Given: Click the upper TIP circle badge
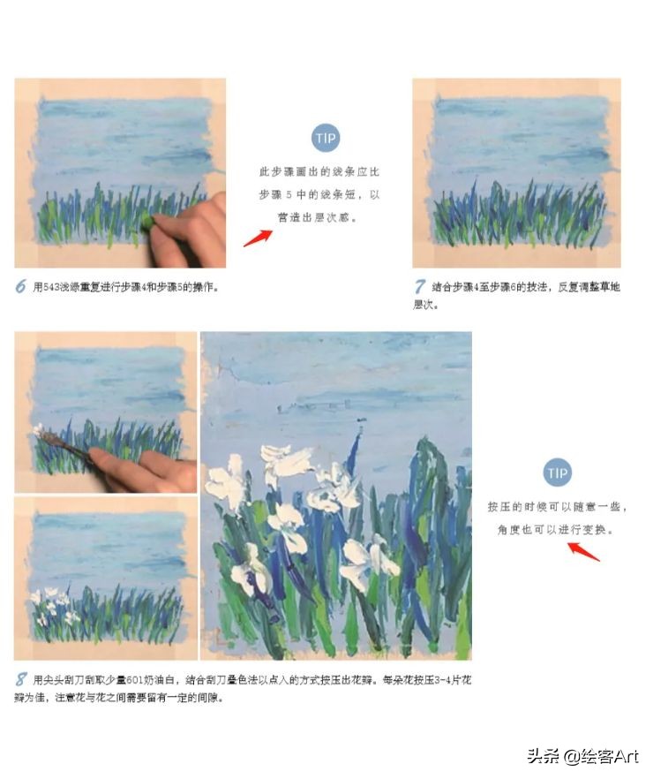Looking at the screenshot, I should pos(326,138).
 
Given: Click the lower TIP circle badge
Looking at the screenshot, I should pos(556,473).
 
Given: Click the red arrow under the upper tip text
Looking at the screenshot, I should pos(257,237).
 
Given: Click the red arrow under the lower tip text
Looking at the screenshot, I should pos(582,550).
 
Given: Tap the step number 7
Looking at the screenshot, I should pos(420,286).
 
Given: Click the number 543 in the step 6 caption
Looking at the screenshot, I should pos(57,287).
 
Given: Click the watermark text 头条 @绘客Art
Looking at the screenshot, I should pos(582,756).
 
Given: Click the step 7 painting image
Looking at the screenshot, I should pos(516,172).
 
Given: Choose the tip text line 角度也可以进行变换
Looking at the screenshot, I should pos(556,530).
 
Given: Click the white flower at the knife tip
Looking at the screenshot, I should pos(39,432).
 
